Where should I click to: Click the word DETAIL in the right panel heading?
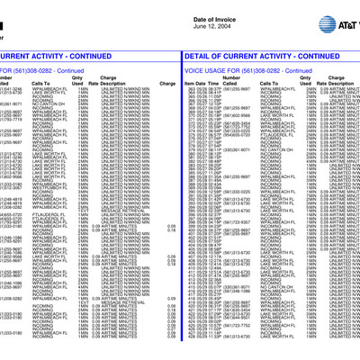tap(200, 55)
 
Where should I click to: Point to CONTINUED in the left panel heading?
tap(146, 55)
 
